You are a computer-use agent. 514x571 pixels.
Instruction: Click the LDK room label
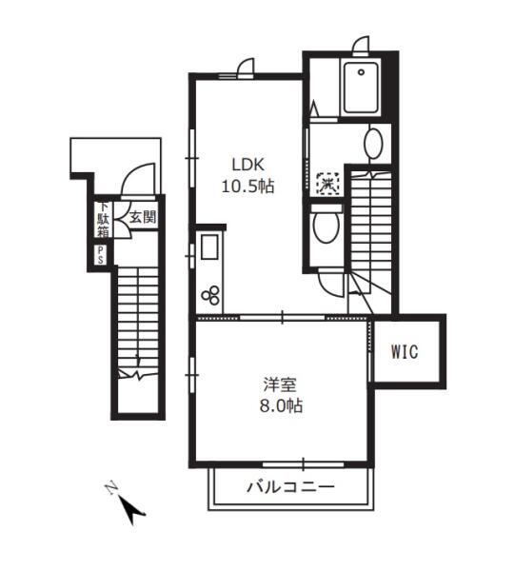pos(248,165)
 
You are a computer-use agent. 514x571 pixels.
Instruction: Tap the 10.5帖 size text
pos(248,187)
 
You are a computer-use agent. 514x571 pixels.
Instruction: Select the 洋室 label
pos(280,384)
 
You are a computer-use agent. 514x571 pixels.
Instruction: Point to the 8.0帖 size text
pos(281,405)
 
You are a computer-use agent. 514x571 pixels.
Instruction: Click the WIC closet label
pos(405,351)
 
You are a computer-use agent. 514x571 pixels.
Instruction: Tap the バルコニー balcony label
pos(290,487)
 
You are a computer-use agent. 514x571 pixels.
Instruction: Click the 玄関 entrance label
pos(143,217)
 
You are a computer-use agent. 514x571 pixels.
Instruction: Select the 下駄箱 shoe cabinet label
pos(103,219)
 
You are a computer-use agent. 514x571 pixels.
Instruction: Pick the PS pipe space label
pos(101,255)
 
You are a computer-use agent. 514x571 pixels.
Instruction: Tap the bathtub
pos(361,88)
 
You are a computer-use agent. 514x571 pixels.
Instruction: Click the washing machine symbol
pos(328,184)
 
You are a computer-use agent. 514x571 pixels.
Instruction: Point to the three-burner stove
pos(210,295)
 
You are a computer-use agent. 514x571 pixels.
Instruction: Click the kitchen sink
pos(209,246)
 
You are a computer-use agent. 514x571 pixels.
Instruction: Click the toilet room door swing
pos(329,284)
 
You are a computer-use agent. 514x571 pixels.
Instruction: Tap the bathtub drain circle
pos(361,72)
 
